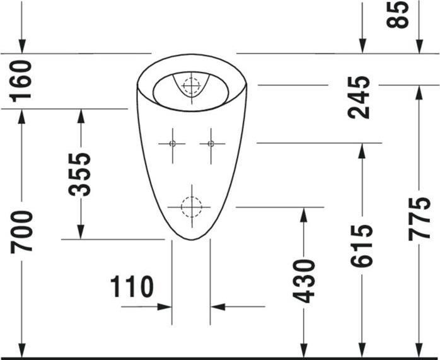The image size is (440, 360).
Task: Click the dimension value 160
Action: [21, 80]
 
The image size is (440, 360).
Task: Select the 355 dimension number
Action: [80, 174]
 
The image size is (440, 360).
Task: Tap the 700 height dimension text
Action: [22, 232]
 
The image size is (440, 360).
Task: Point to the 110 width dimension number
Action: [132, 287]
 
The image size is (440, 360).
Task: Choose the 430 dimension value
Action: [304, 279]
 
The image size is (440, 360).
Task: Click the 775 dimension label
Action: [419, 218]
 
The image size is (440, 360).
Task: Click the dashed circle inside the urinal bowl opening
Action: [191, 84]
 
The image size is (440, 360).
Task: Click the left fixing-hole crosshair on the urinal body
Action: [171, 144]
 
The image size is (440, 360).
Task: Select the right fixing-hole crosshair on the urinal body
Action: [211, 144]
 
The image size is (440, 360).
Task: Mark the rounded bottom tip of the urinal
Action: [191, 240]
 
